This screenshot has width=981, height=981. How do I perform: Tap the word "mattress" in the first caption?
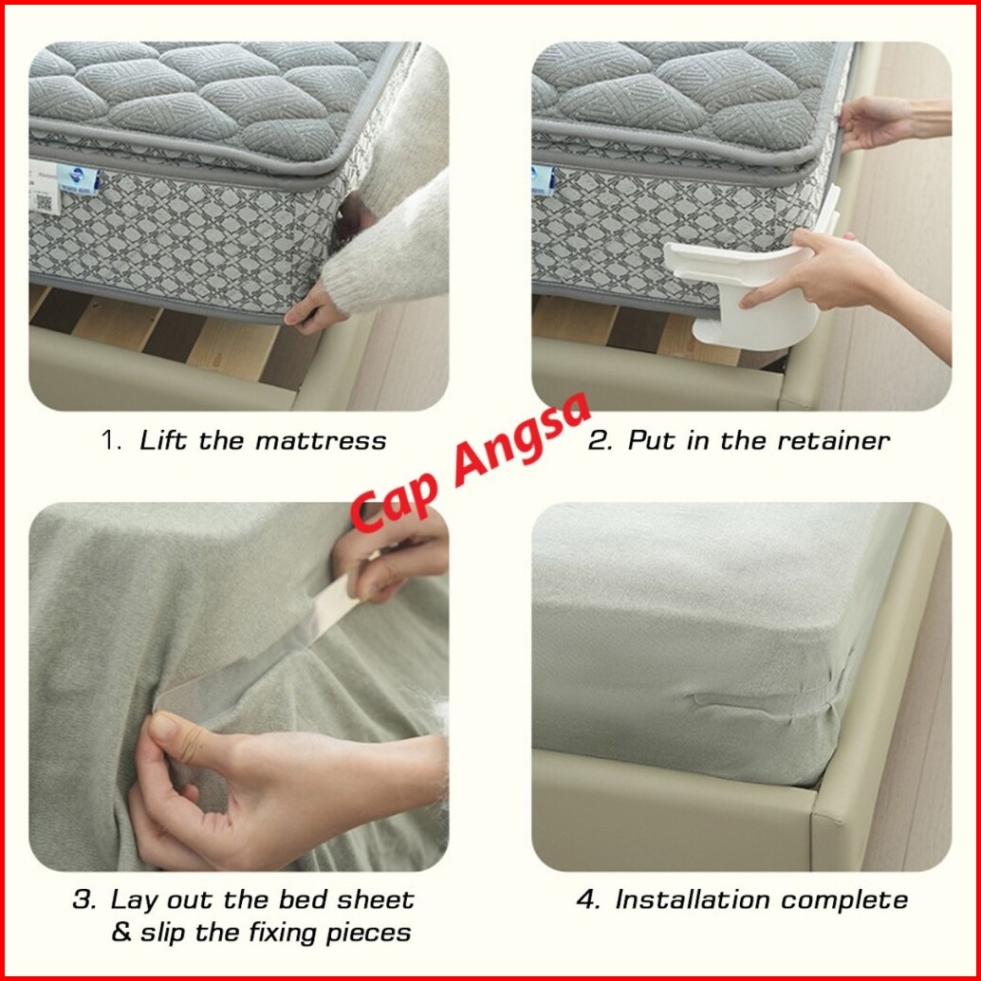click(321, 441)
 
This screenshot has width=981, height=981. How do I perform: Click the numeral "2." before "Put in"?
click(601, 441)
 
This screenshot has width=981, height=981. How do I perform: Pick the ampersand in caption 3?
click(122, 933)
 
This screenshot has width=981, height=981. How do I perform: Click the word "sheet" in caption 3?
click(375, 900)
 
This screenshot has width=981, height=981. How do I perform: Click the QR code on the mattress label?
click(44, 202)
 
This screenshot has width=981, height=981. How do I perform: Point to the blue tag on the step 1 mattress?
click(78, 179)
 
